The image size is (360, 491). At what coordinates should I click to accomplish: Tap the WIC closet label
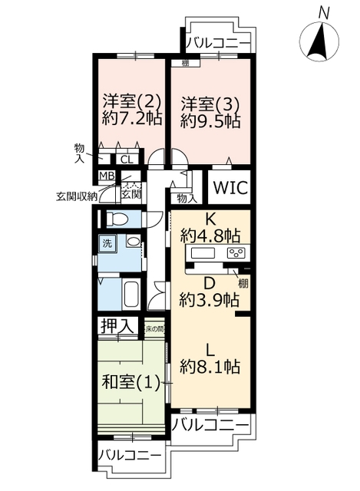230,187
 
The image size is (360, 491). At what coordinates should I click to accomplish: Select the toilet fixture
117,218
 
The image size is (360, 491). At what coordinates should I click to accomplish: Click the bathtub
131,295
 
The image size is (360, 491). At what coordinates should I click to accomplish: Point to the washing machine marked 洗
107,244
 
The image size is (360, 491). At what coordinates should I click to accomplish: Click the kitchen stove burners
236,253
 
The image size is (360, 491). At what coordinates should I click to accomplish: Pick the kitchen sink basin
203,253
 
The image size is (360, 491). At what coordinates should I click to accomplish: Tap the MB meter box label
107,176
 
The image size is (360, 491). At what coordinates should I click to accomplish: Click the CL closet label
127,160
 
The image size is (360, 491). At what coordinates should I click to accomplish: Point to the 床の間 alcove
154,329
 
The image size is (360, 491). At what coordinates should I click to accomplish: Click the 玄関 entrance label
131,194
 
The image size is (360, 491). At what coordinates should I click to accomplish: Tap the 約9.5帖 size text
210,120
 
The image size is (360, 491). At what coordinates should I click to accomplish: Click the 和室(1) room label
131,382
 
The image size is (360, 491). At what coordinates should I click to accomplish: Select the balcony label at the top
219,43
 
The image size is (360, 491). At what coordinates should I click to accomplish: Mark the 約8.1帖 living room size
210,367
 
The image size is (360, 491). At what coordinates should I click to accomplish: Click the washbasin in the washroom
134,242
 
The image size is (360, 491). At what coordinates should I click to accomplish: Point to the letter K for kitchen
210,220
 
